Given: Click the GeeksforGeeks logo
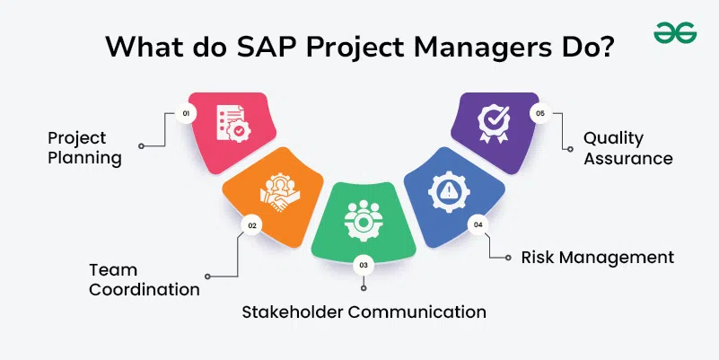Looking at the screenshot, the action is point(675,32).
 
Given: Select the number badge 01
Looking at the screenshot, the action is point(186,114).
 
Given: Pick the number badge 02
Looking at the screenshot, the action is point(251,225).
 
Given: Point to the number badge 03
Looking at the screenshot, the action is point(364,265).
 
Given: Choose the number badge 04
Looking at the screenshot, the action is point(478,224).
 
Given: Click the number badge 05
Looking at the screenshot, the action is point(540,113).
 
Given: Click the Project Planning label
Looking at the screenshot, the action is point(85,148).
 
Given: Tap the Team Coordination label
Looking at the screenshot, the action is point(145,279).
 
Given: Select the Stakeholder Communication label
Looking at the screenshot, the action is point(364,312).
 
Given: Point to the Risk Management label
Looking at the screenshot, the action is point(598,258).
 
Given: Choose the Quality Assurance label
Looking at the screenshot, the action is point(628,148).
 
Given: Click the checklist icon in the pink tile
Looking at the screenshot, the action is point(233,123).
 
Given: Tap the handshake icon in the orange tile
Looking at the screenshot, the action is point(279,193).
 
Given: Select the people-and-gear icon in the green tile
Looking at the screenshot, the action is point(364,220).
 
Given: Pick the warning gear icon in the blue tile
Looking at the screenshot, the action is point(449,191).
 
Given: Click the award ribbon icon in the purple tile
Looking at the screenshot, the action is point(494,122).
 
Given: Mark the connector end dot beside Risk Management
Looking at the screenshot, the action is point(508,258).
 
